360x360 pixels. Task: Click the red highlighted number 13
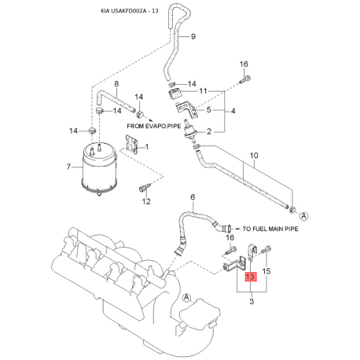point(250,277)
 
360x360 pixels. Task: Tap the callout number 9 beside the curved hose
point(193,36)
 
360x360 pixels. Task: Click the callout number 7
point(68,167)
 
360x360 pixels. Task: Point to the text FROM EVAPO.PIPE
point(154,126)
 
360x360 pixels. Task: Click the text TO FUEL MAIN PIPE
point(270,229)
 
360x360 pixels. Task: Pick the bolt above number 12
point(144,187)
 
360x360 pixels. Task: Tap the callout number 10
point(254,156)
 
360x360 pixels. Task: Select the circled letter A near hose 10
point(304,216)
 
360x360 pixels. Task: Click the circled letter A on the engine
point(186,297)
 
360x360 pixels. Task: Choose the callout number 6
point(193,197)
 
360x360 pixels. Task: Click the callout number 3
point(252,301)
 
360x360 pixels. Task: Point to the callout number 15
point(266,271)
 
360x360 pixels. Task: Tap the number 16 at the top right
point(244,64)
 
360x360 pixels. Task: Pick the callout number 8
point(116,84)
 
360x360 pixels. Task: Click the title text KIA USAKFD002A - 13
point(130,11)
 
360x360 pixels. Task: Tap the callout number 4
point(233,111)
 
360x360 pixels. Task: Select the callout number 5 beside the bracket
point(208,109)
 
